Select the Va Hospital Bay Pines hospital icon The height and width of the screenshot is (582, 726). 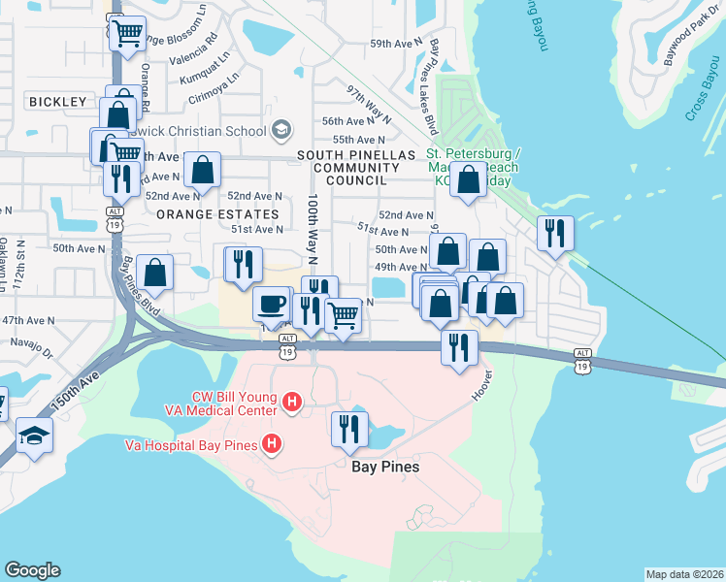[x=273, y=445]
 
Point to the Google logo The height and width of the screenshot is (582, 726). [x=32, y=570]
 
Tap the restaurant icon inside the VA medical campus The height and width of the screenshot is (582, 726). [x=349, y=428]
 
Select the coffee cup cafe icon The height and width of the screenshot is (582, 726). [x=272, y=304]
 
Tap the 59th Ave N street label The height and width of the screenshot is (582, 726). [x=395, y=44]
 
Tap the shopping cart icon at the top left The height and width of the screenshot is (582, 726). [x=127, y=34]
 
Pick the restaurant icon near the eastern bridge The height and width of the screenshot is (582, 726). [x=555, y=232]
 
